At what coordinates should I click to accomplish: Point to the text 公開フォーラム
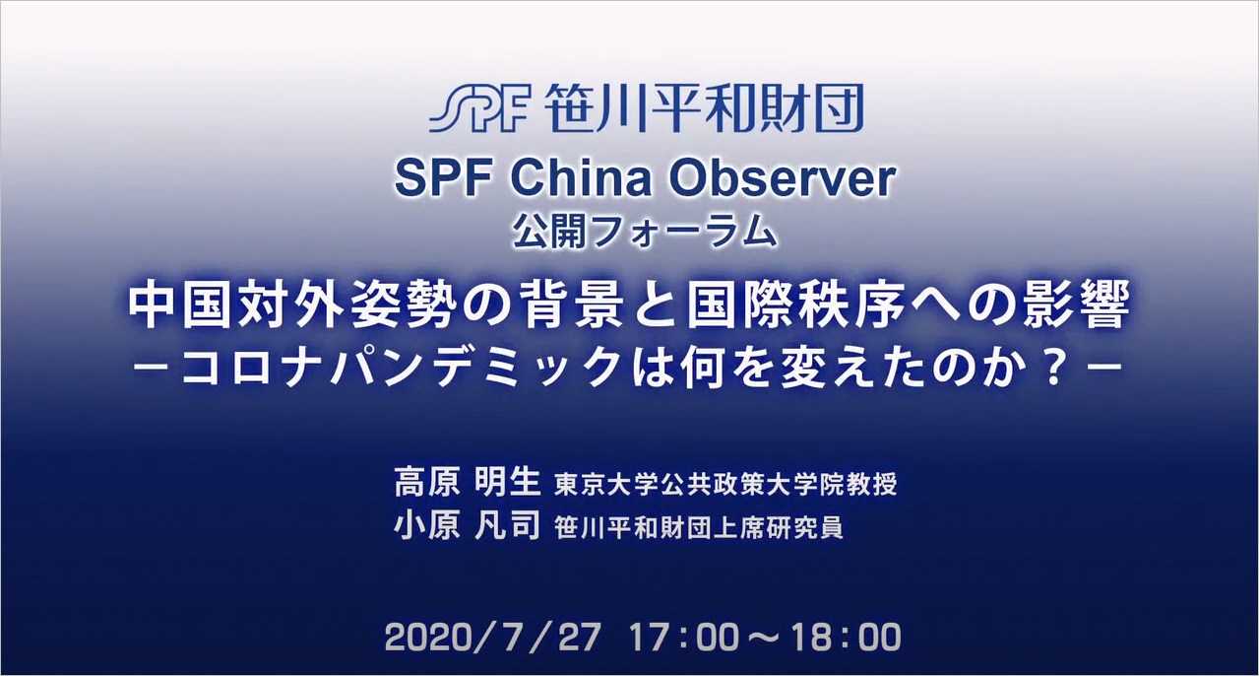(x=645, y=232)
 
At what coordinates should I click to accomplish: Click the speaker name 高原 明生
(x=468, y=482)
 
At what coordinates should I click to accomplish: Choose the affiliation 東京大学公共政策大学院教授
(x=725, y=484)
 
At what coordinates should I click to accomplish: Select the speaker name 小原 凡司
(x=468, y=525)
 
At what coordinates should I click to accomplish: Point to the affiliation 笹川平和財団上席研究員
(x=699, y=527)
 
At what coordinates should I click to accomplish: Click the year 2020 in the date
(x=428, y=638)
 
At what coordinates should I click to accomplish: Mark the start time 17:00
(x=684, y=638)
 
